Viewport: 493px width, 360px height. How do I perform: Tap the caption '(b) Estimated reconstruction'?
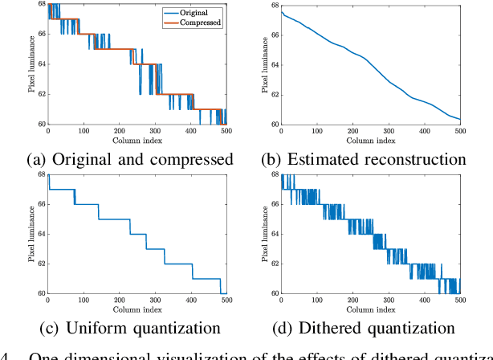[370, 159]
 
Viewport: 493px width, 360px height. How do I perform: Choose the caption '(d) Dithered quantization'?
[370, 328]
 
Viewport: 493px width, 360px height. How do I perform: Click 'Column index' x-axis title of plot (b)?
[370, 141]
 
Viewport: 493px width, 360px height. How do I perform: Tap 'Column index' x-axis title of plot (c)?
[136, 309]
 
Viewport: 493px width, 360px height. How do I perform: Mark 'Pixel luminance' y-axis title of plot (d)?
[263, 234]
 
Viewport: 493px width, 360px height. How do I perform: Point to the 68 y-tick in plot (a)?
[42, 6]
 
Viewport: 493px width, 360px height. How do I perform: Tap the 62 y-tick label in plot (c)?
[42, 264]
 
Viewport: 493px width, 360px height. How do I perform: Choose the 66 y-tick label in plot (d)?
[275, 204]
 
